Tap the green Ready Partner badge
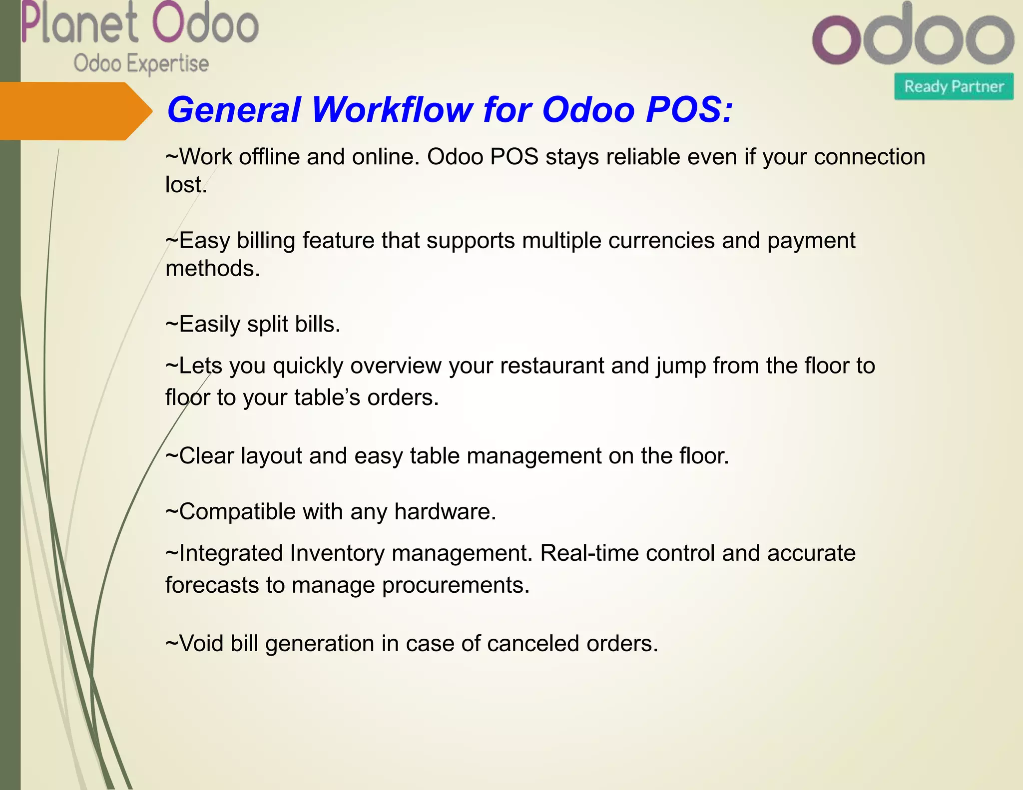954,86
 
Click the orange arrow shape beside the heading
75,111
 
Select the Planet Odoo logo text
140,24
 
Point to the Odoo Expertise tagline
141,64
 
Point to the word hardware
445,512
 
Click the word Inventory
337,553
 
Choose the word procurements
456,585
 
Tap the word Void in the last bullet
201,644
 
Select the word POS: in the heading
689,110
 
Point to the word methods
213,269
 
